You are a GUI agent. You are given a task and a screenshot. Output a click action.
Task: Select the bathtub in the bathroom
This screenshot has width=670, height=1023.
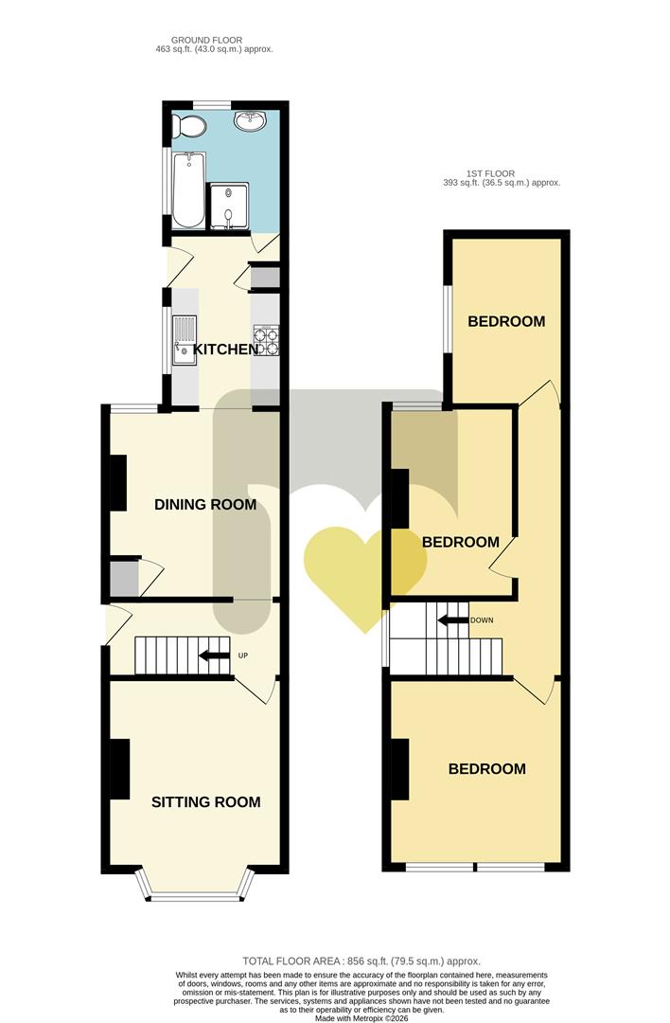(187, 189)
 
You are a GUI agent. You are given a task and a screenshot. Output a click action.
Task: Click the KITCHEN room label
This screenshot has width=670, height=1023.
(226, 350)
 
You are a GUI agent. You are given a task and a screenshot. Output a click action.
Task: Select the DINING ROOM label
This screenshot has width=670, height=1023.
(205, 505)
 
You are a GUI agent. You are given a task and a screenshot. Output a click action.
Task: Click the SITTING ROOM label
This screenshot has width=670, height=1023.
(206, 802)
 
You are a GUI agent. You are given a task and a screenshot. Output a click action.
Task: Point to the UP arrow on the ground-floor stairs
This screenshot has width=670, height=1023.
(214, 655)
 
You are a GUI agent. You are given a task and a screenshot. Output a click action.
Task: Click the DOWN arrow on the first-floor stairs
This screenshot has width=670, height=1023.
(452, 620)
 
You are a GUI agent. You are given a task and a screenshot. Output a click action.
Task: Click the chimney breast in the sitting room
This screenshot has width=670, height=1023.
(119, 767)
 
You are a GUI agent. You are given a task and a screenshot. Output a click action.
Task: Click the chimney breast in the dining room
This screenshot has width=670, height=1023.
(118, 483)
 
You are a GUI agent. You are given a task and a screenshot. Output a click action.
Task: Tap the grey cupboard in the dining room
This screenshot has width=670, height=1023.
(122, 579)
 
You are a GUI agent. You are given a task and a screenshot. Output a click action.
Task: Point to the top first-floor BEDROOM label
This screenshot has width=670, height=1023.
(507, 322)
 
